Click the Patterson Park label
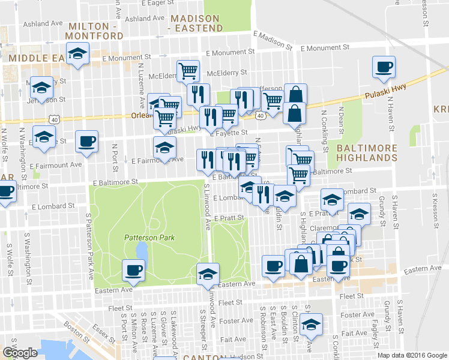coord(149,238)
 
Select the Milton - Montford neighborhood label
coord(96,31)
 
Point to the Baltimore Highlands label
coord(367,152)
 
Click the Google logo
coord(20,352)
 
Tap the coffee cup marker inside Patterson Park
coord(133,269)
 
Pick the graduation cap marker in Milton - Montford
coord(76,56)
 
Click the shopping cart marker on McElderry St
coord(188,70)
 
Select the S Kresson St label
coord(433,212)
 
